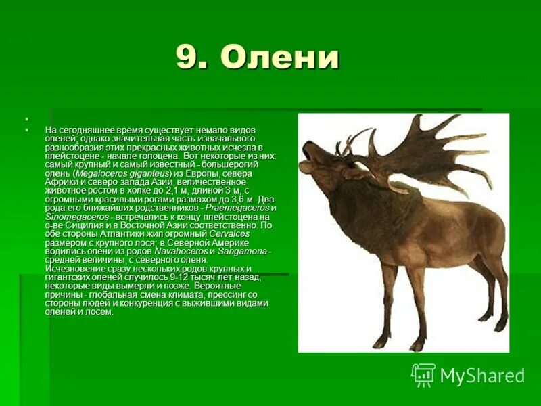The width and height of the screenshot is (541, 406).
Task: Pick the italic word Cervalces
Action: (229, 233)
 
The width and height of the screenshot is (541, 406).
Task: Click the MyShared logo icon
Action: (423, 375)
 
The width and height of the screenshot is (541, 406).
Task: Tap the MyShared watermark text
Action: (482, 376)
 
